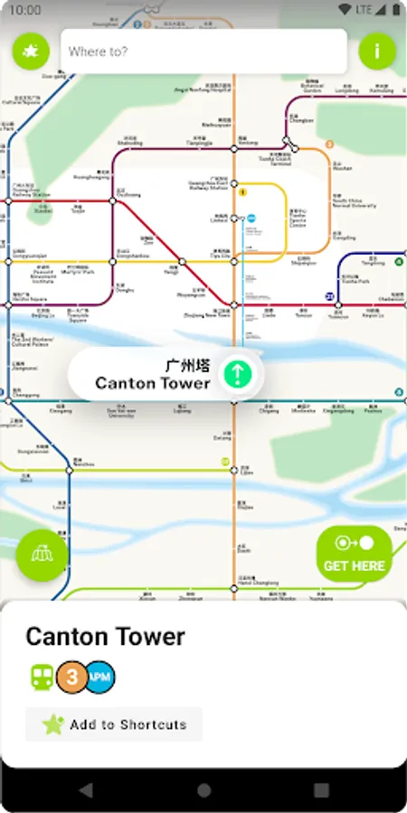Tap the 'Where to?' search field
tap(203, 51)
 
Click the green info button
tap(377, 51)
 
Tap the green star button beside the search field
tap(31, 51)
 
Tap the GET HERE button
tap(354, 554)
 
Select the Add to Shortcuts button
tap(114, 724)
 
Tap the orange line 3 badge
tap(71, 677)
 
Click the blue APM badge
tap(100, 677)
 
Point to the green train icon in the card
tap(42, 677)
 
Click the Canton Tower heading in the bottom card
tap(105, 637)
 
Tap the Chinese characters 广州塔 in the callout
tap(188, 365)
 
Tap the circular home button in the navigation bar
tap(203, 790)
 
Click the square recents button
tap(321, 790)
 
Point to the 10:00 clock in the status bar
tap(26, 10)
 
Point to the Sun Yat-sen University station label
tap(120, 412)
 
